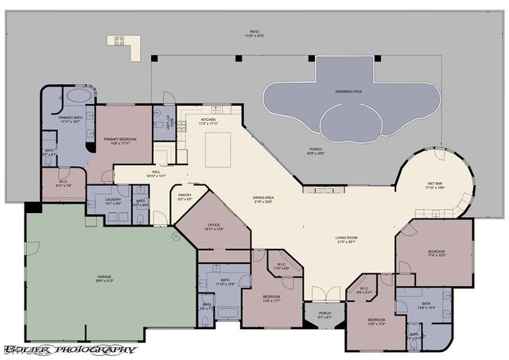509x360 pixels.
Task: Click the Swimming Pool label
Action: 348,92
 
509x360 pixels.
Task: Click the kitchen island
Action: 218,149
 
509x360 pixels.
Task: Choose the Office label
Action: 215,227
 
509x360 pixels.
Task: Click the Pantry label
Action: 185,198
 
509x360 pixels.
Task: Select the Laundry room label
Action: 112,202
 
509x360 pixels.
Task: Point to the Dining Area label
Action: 264,200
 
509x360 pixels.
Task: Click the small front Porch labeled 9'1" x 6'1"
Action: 324,315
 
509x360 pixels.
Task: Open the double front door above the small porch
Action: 324,302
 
